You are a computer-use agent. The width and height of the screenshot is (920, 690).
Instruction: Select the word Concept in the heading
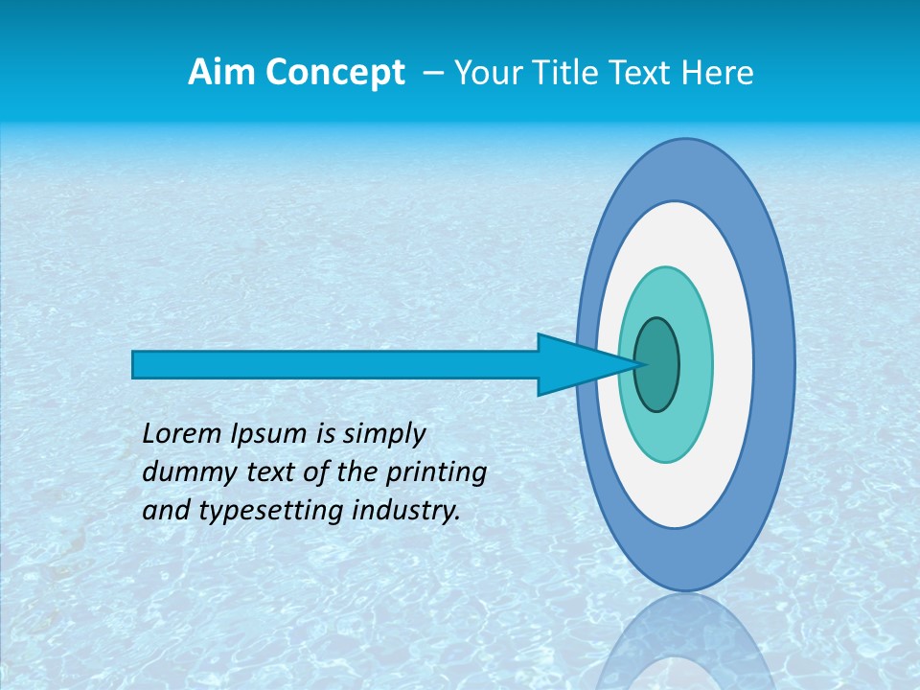pos(335,73)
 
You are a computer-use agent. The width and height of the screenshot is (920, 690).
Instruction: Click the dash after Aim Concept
pos(431,73)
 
